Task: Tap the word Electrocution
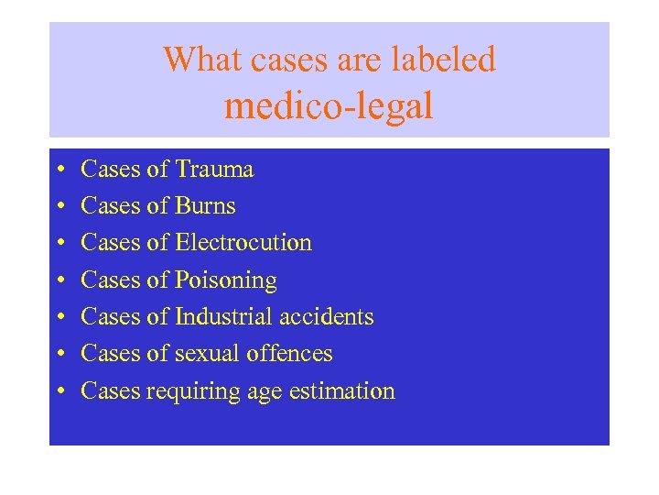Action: pos(243,243)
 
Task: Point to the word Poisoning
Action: pos(225,280)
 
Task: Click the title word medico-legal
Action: pos(329,106)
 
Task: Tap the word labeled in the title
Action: pos(443,60)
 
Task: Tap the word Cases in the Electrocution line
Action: pos(110,243)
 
